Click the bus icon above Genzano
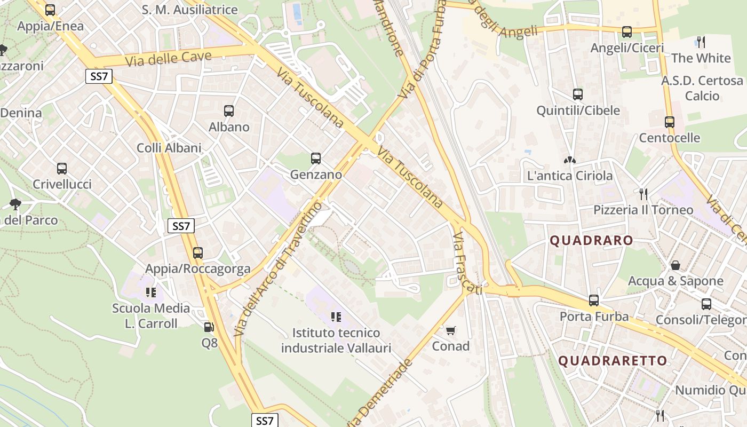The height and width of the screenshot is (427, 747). (x=316, y=159)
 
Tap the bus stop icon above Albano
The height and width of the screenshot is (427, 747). (x=229, y=111)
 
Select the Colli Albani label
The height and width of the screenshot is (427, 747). (x=169, y=148)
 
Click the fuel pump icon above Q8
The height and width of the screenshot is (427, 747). (x=209, y=327)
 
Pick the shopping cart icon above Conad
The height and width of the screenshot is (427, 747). (x=451, y=330)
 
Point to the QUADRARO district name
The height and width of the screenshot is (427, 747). (x=591, y=241)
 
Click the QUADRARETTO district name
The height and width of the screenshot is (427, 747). (x=613, y=361)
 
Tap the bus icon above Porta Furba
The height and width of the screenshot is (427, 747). (x=594, y=301)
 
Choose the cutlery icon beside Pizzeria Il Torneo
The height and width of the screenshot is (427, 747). (x=643, y=194)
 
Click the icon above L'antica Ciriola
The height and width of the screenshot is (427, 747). (x=569, y=160)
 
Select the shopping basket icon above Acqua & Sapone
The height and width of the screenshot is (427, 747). (x=676, y=265)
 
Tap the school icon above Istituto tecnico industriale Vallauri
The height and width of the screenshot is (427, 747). (x=336, y=317)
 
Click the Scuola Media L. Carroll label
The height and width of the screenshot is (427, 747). (x=151, y=315)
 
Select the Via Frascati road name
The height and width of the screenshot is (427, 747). (x=467, y=263)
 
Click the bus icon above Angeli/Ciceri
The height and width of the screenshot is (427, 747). (x=627, y=32)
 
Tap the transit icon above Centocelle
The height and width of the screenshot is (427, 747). (x=670, y=122)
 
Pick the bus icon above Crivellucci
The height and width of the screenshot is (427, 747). (x=62, y=169)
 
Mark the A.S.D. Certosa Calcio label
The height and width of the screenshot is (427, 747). (x=702, y=88)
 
